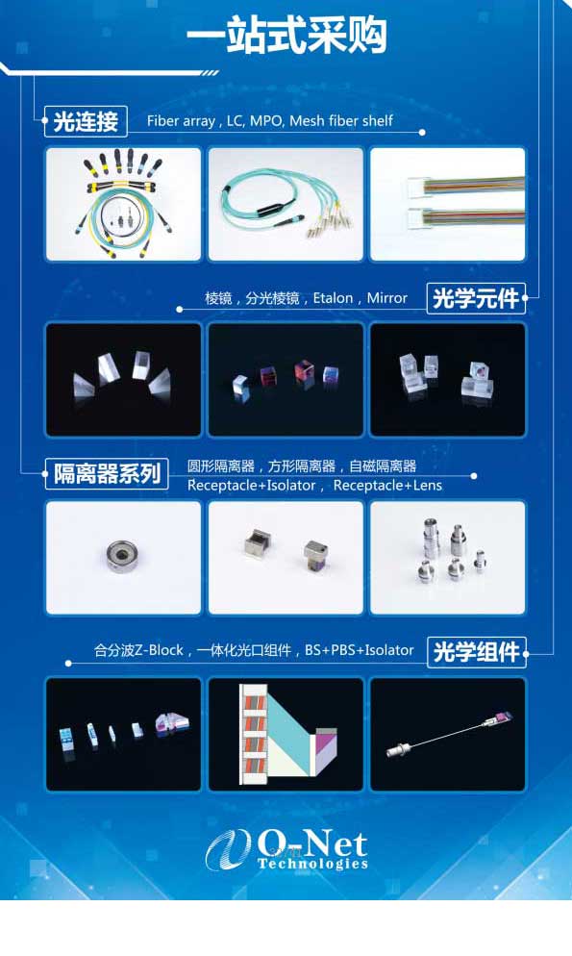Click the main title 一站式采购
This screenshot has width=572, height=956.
(x=286, y=36)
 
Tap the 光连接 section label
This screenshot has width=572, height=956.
(x=86, y=121)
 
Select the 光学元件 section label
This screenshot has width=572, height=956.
(x=476, y=299)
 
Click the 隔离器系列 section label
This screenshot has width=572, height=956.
(x=107, y=474)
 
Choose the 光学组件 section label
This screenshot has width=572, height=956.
(x=477, y=652)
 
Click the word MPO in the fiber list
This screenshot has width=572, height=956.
(x=266, y=121)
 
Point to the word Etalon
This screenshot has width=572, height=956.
(x=334, y=298)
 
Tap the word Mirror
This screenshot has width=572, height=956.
(x=386, y=298)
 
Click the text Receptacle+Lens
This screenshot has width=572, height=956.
(x=387, y=486)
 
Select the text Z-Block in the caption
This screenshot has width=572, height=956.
(x=159, y=650)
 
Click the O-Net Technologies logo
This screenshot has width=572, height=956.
(x=286, y=849)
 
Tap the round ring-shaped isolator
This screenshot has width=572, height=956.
(x=122, y=556)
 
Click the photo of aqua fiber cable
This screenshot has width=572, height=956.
(x=286, y=204)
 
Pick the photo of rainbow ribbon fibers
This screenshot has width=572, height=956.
(x=448, y=204)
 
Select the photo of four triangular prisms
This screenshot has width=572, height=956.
(x=124, y=380)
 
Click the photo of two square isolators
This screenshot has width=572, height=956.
(x=286, y=557)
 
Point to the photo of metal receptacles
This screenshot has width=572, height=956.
(x=448, y=557)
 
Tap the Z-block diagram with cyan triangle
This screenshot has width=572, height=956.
(x=286, y=734)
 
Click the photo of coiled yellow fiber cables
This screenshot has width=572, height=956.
(x=124, y=204)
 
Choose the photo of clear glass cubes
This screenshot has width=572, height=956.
(x=448, y=380)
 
